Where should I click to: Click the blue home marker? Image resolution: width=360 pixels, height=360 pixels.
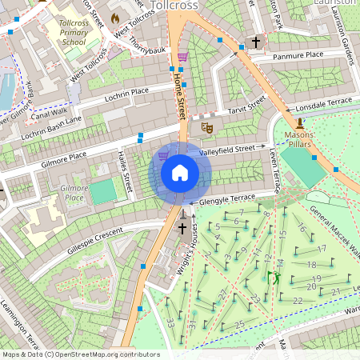[x=180, y=173]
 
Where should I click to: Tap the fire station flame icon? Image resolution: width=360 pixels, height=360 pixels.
[x=114, y=17]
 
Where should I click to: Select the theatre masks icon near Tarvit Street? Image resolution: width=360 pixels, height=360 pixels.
[x=206, y=126]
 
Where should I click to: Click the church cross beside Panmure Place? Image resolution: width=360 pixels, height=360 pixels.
[x=256, y=42]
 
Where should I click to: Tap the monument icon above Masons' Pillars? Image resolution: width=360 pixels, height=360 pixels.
[x=299, y=123]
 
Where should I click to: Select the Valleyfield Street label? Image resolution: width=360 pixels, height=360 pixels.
[x=232, y=149]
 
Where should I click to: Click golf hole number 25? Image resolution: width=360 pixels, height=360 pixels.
[x=239, y=324]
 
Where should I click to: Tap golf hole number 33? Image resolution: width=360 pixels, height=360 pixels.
[x=170, y=322]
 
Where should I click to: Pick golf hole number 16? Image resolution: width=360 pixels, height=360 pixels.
[x=301, y=228]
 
